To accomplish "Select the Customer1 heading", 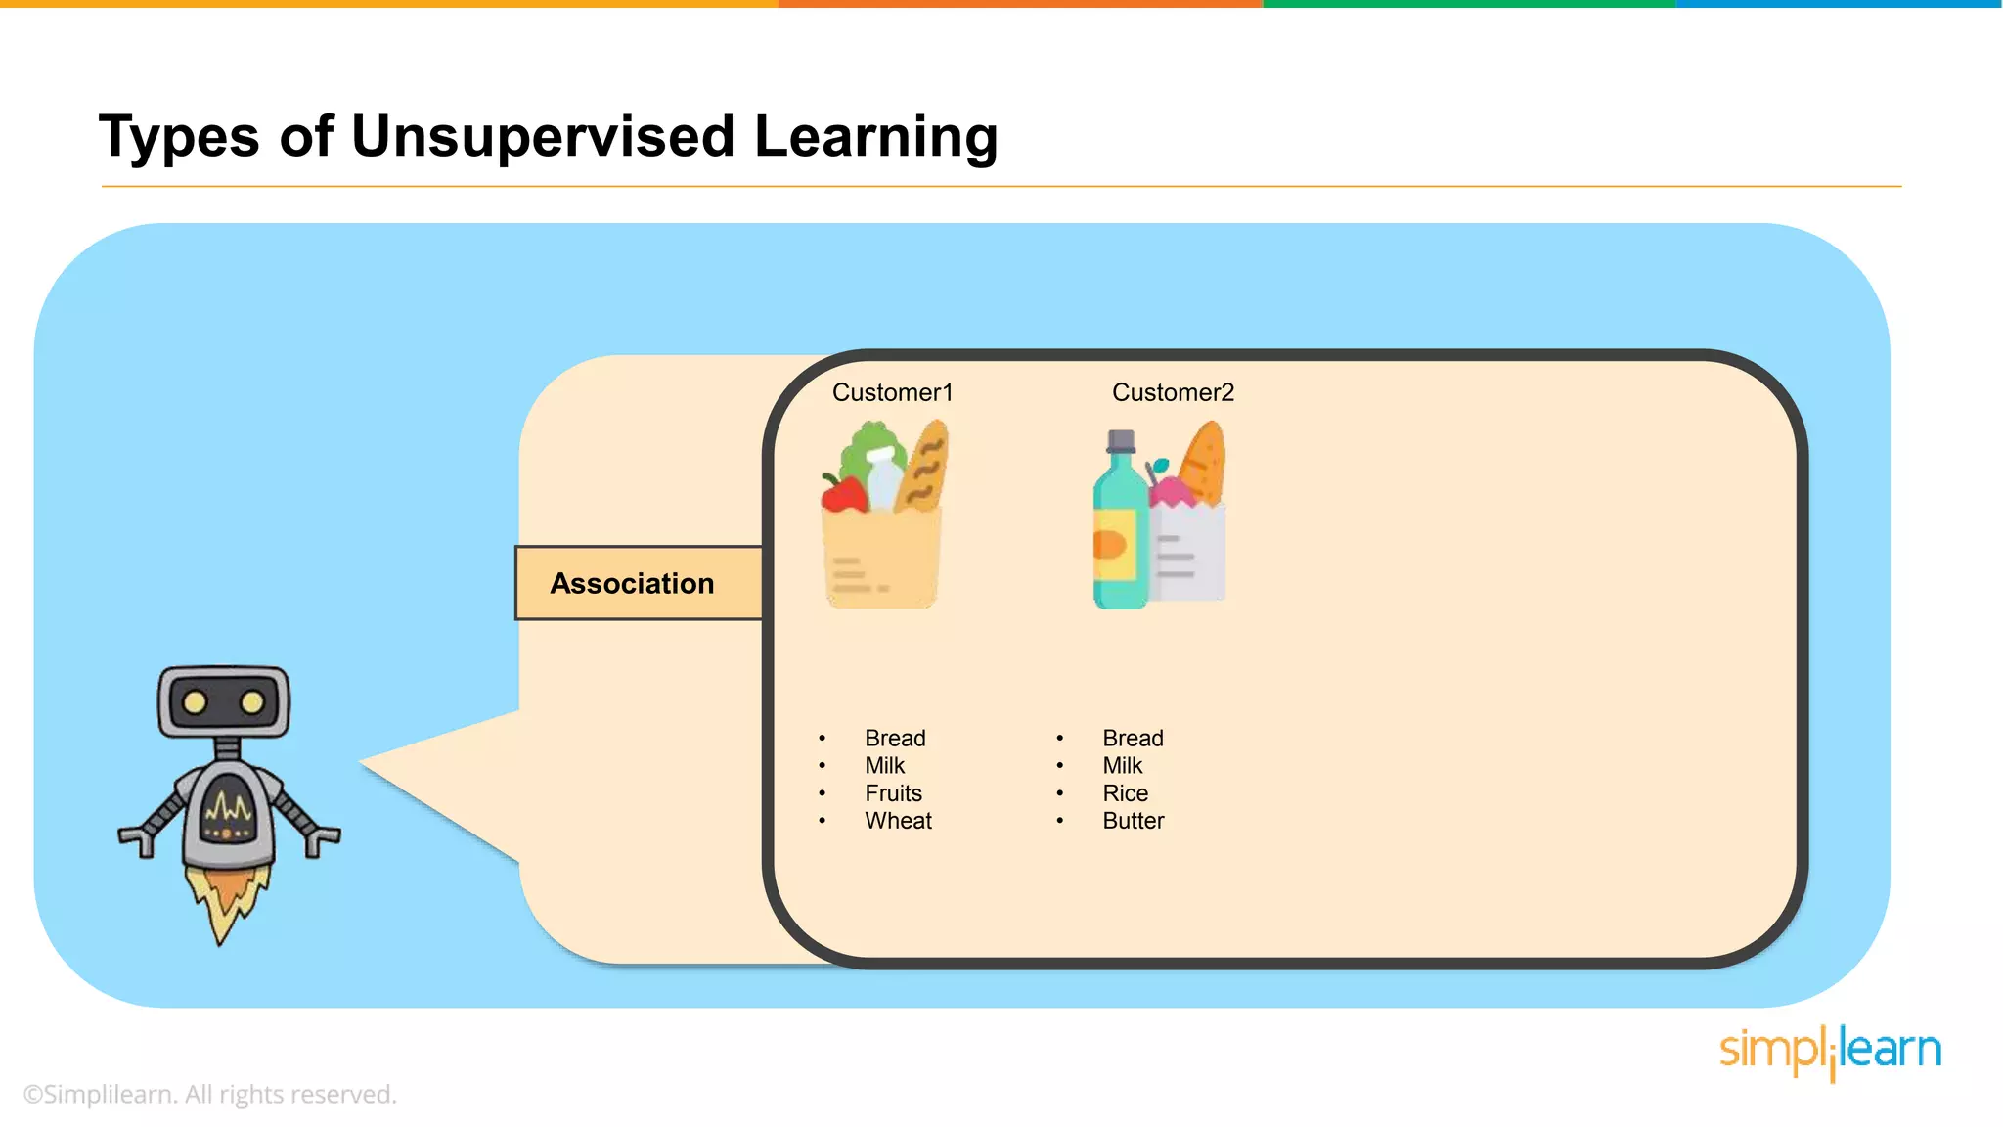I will point(892,392).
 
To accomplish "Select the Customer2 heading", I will point(1173,392).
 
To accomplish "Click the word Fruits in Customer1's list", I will point(893,793).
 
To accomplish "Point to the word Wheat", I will point(898,821).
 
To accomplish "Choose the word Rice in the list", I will point(1125,793).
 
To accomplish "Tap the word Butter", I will point(1133,821).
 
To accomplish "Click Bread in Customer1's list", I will point(895,738).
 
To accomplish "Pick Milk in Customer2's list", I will point(1122,765).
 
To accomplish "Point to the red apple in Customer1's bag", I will point(843,494).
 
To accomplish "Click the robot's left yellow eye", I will point(195,701).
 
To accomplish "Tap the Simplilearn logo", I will point(1830,1052).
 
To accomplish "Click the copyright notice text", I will point(209,1094).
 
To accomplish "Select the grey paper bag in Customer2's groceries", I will point(1187,553).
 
